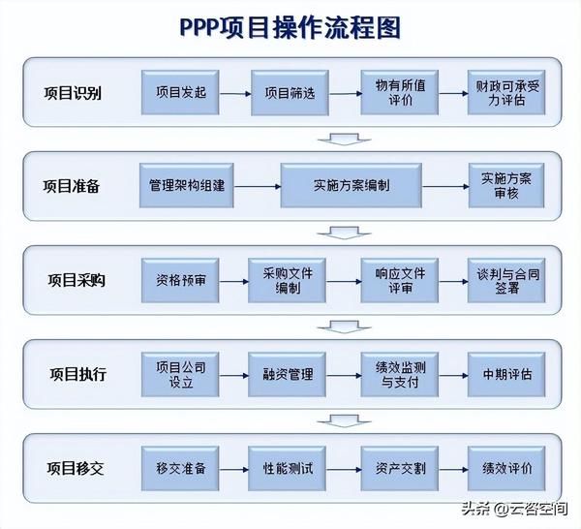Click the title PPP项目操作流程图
click(x=290, y=26)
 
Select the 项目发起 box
click(x=180, y=94)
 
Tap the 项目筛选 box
click(x=289, y=94)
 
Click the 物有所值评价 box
click(x=400, y=94)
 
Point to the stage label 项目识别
click(x=73, y=94)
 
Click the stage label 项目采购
click(x=76, y=281)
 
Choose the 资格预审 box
click(x=180, y=281)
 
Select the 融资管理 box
click(x=289, y=374)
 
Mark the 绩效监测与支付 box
click(x=400, y=374)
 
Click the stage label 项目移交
click(x=76, y=468)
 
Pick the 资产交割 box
click(x=400, y=468)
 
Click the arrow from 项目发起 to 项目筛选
click(x=234, y=94)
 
